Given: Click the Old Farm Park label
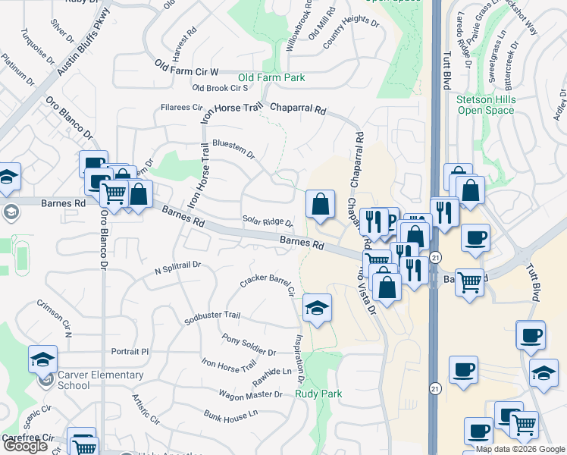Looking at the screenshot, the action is (271, 77).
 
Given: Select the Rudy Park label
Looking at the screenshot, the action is (318, 394).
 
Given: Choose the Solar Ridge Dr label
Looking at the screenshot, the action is (268, 221).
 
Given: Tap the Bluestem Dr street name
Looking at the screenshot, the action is (233, 146).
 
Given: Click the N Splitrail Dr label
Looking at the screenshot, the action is (177, 268).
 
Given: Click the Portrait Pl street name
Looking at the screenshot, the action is (130, 351).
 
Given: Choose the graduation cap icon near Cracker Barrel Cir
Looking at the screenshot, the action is (318, 308).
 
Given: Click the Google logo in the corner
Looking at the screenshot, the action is (24, 446).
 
